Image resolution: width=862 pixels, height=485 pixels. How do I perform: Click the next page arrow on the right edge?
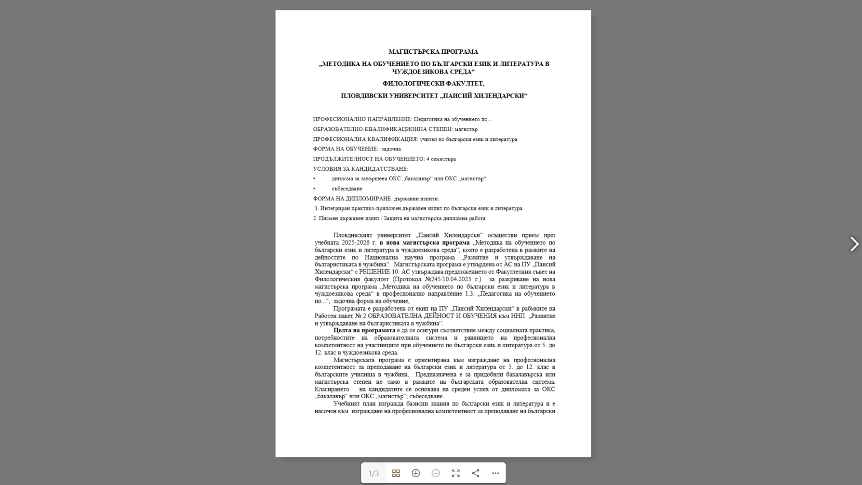854,244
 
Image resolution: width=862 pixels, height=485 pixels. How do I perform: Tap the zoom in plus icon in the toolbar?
415,473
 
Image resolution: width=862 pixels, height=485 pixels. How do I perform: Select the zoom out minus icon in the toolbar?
435,473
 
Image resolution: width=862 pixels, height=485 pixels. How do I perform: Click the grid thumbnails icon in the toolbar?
396,473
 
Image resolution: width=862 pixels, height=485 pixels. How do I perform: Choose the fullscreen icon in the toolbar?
456,473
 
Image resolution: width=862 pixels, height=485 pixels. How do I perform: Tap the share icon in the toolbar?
475,473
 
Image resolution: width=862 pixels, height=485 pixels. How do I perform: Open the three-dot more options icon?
495,473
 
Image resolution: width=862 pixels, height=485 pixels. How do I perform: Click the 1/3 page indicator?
373,473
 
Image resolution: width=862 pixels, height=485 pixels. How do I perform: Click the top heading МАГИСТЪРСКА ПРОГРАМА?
433,52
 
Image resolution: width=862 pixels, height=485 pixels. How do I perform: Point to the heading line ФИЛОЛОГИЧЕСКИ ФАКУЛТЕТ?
433,84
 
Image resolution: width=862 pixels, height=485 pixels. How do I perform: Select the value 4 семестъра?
441,159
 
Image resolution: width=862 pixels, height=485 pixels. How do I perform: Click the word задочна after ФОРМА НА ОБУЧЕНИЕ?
391,149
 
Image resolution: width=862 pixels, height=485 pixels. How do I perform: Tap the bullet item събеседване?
346,189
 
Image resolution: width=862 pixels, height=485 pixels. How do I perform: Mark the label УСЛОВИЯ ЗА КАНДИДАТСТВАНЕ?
360,169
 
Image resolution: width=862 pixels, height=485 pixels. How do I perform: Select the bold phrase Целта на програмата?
364,331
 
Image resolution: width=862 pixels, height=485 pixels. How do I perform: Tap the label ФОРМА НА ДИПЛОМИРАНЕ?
352,199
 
